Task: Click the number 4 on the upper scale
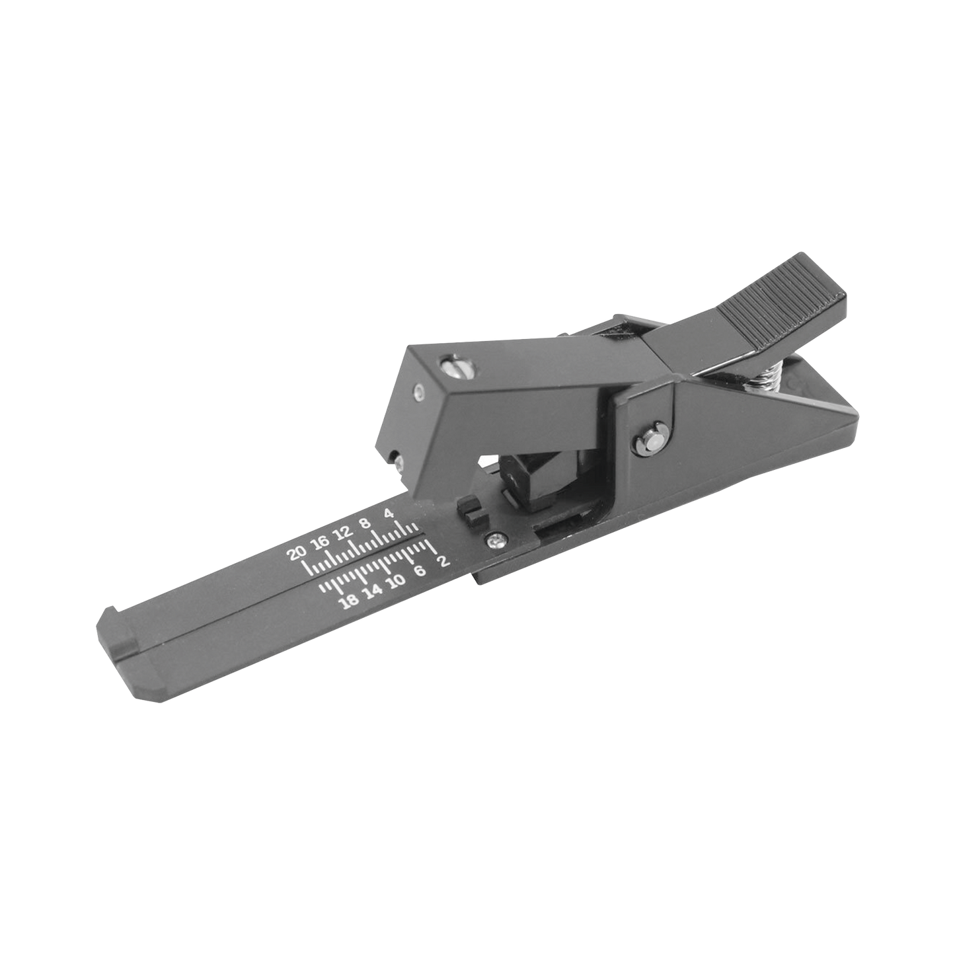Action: coord(389,514)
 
